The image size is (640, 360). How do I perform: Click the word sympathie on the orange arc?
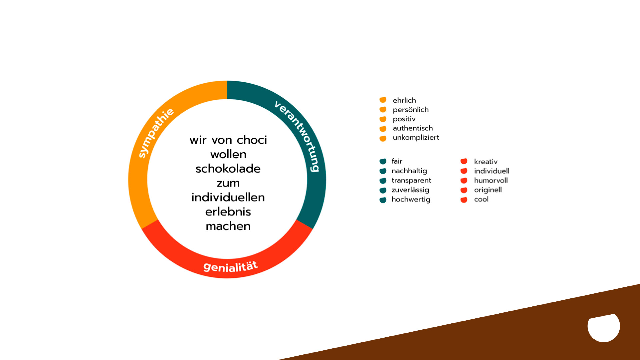coord(156,133)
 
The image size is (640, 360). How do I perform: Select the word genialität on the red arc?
coord(230,267)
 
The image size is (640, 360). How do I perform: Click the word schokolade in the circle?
coord(228,169)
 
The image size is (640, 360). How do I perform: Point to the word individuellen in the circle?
coord(228,197)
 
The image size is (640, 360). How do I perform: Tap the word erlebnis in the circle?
coord(228,212)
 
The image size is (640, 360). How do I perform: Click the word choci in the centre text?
coord(252,140)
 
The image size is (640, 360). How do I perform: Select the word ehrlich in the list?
coord(404,100)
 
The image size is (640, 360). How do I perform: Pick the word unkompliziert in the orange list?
coord(416,137)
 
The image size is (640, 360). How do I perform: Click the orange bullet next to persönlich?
coord(383,109)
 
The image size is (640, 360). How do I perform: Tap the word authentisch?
coord(413,128)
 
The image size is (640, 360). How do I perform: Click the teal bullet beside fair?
coord(383,161)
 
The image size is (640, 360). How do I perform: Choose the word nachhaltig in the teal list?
coord(409,171)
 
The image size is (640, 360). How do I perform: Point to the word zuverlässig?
coord(410,190)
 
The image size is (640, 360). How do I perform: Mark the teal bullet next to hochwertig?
coord(383,200)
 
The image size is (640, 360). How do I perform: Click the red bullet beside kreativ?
coord(464,161)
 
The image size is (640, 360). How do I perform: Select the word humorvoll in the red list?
coord(491,180)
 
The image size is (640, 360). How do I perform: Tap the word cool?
coord(481,199)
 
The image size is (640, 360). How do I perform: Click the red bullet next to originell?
coord(464,190)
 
